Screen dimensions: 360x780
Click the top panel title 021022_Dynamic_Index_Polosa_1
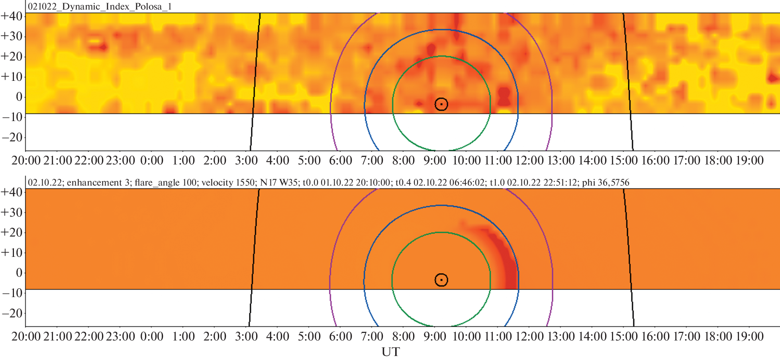[x=100, y=7]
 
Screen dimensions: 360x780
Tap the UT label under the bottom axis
[x=390, y=352]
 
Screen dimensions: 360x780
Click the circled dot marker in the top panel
[x=441, y=104]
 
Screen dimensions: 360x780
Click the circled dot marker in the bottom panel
[x=441, y=280]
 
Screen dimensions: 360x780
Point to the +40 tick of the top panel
[x=12, y=16]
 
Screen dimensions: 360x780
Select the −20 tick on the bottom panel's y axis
[x=12, y=313]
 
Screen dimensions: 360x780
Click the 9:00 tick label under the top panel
[x=435, y=160]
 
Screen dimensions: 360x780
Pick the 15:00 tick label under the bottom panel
[x=623, y=337]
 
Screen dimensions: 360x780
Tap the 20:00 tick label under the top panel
[x=26, y=160]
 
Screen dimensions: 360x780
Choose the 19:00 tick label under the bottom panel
[x=749, y=337]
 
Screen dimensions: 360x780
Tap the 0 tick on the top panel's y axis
[x=19, y=97]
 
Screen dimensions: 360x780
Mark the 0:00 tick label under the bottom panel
[x=152, y=337]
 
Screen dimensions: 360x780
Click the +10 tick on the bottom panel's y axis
[x=12, y=252]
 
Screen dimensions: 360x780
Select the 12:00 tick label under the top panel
[x=529, y=160]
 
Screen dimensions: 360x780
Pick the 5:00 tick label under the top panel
[x=309, y=160]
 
